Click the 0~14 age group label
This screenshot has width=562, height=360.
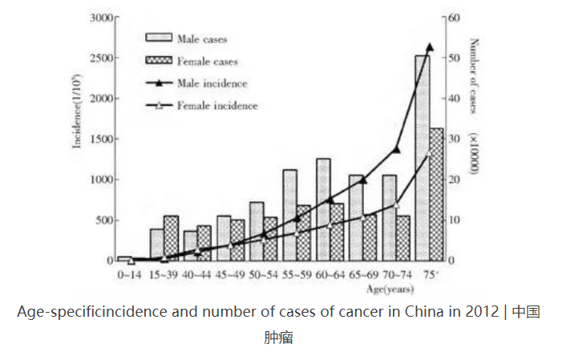131,275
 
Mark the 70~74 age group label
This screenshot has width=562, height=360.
396,275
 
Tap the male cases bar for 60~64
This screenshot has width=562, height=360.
323,209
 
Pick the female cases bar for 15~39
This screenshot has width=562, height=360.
171,238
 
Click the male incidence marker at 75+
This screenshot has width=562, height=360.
429,47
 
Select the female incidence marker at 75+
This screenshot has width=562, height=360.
429,154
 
